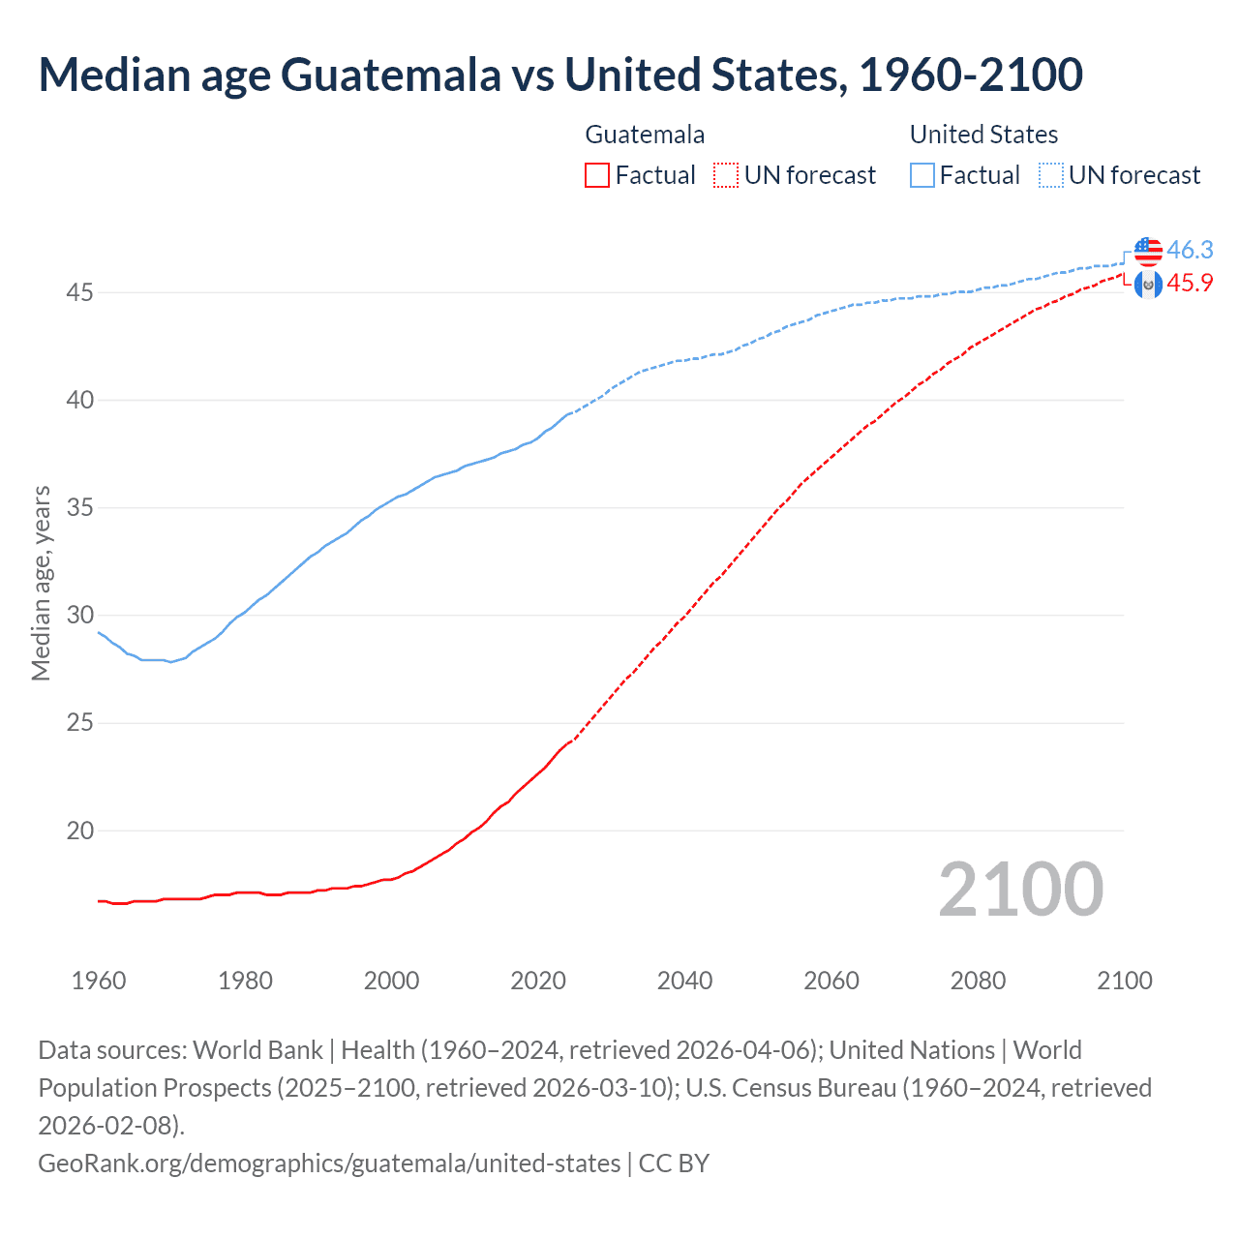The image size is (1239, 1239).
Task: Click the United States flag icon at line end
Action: pyautogui.click(x=1148, y=251)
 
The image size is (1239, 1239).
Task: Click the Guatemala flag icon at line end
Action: pyautogui.click(x=1148, y=284)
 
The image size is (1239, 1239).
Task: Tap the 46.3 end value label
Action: pyautogui.click(x=1190, y=250)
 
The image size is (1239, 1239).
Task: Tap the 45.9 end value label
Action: pyautogui.click(x=1190, y=283)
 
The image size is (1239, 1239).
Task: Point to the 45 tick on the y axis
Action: pyautogui.click(x=79, y=292)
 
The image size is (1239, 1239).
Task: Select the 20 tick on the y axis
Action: pyautogui.click(x=79, y=831)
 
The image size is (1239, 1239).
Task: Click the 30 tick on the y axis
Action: pyautogui.click(x=79, y=616)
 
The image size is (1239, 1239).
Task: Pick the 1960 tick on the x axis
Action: pyautogui.click(x=99, y=981)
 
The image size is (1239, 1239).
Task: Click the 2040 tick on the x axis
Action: pyautogui.click(x=684, y=981)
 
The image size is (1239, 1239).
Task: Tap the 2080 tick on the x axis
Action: pyautogui.click(x=978, y=981)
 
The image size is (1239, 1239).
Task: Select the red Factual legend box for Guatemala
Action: pyautogui.click(x=597, y=175)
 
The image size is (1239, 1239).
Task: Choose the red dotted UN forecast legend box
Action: pyautogui.click(x=726, y=175)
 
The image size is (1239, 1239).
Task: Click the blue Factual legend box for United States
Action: pyautogui.click(x=922, y=175)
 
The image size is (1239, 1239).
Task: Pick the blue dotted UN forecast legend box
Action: pyautogui.click(x=1050, y=175)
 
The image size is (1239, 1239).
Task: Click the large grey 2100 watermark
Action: pyautogui.click(x=1020, y=890)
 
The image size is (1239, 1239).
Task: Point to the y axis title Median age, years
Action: pyautogui.click(x=41, y=584)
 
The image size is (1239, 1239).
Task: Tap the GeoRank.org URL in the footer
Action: pyautogui.click(x=329, y=1163)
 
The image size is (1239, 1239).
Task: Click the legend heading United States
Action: pyautogui.click(x=983, y=135)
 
